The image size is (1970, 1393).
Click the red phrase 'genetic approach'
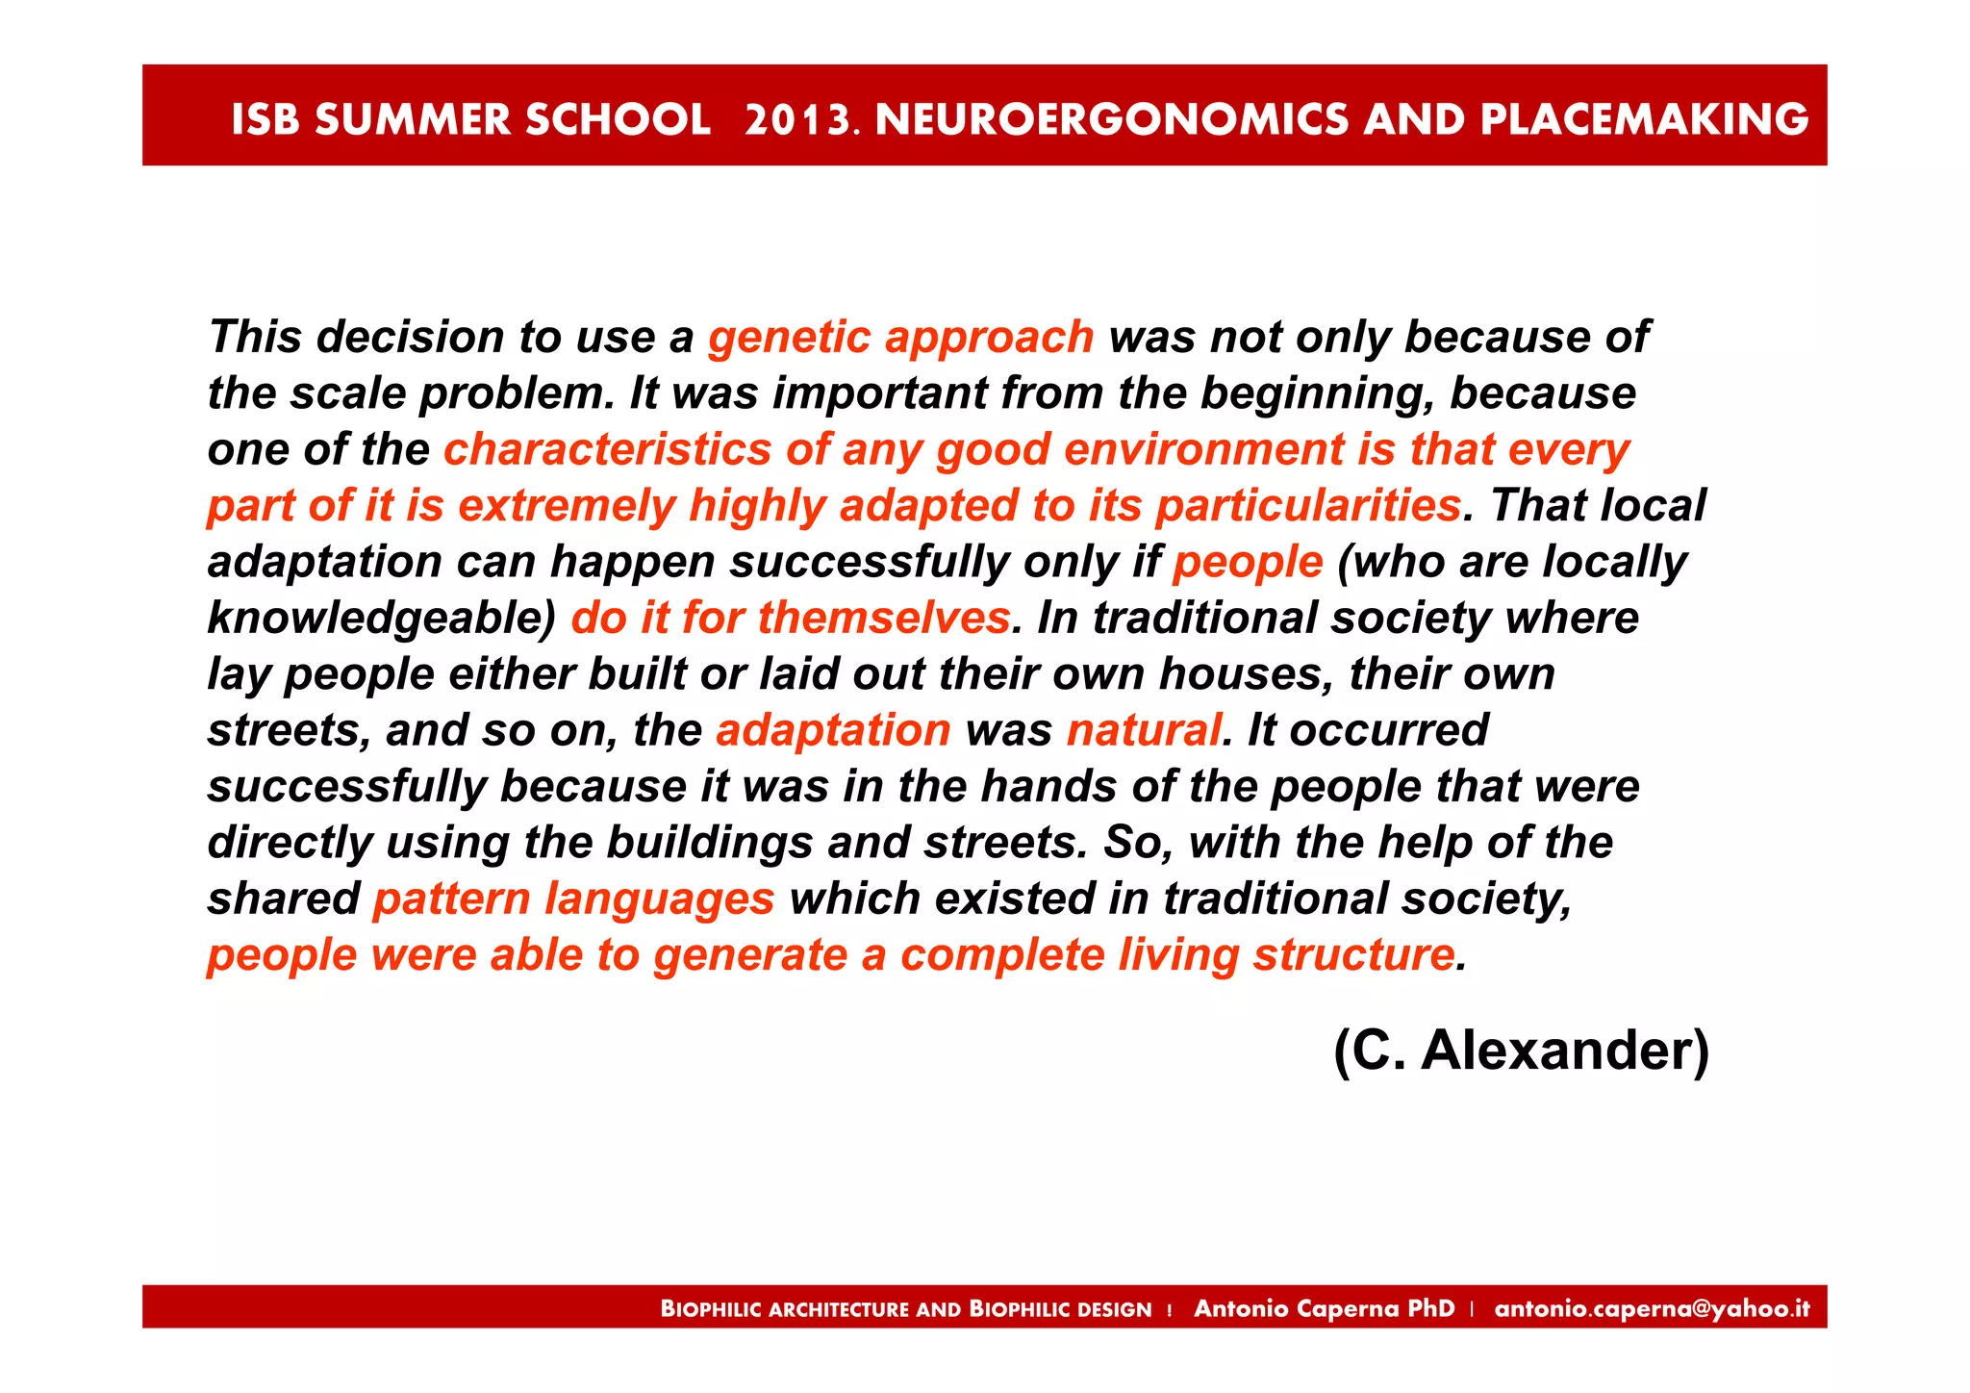[900, 338]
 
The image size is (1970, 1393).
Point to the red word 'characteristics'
[607, 450]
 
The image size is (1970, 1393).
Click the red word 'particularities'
[1307, 506]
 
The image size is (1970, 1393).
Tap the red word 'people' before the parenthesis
[1247, 562]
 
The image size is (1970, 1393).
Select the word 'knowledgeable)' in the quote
[382, 619]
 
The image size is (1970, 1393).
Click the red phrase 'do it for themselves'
[790, 618]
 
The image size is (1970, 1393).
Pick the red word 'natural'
[1143, 730]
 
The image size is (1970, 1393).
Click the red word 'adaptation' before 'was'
[833, 730]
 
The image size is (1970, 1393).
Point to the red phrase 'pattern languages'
[573, 899]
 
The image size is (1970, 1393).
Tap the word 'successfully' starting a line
[347, 787]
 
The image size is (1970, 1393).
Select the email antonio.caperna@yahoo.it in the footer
[1652, 1308]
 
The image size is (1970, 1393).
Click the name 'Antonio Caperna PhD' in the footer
[1324, 1308]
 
